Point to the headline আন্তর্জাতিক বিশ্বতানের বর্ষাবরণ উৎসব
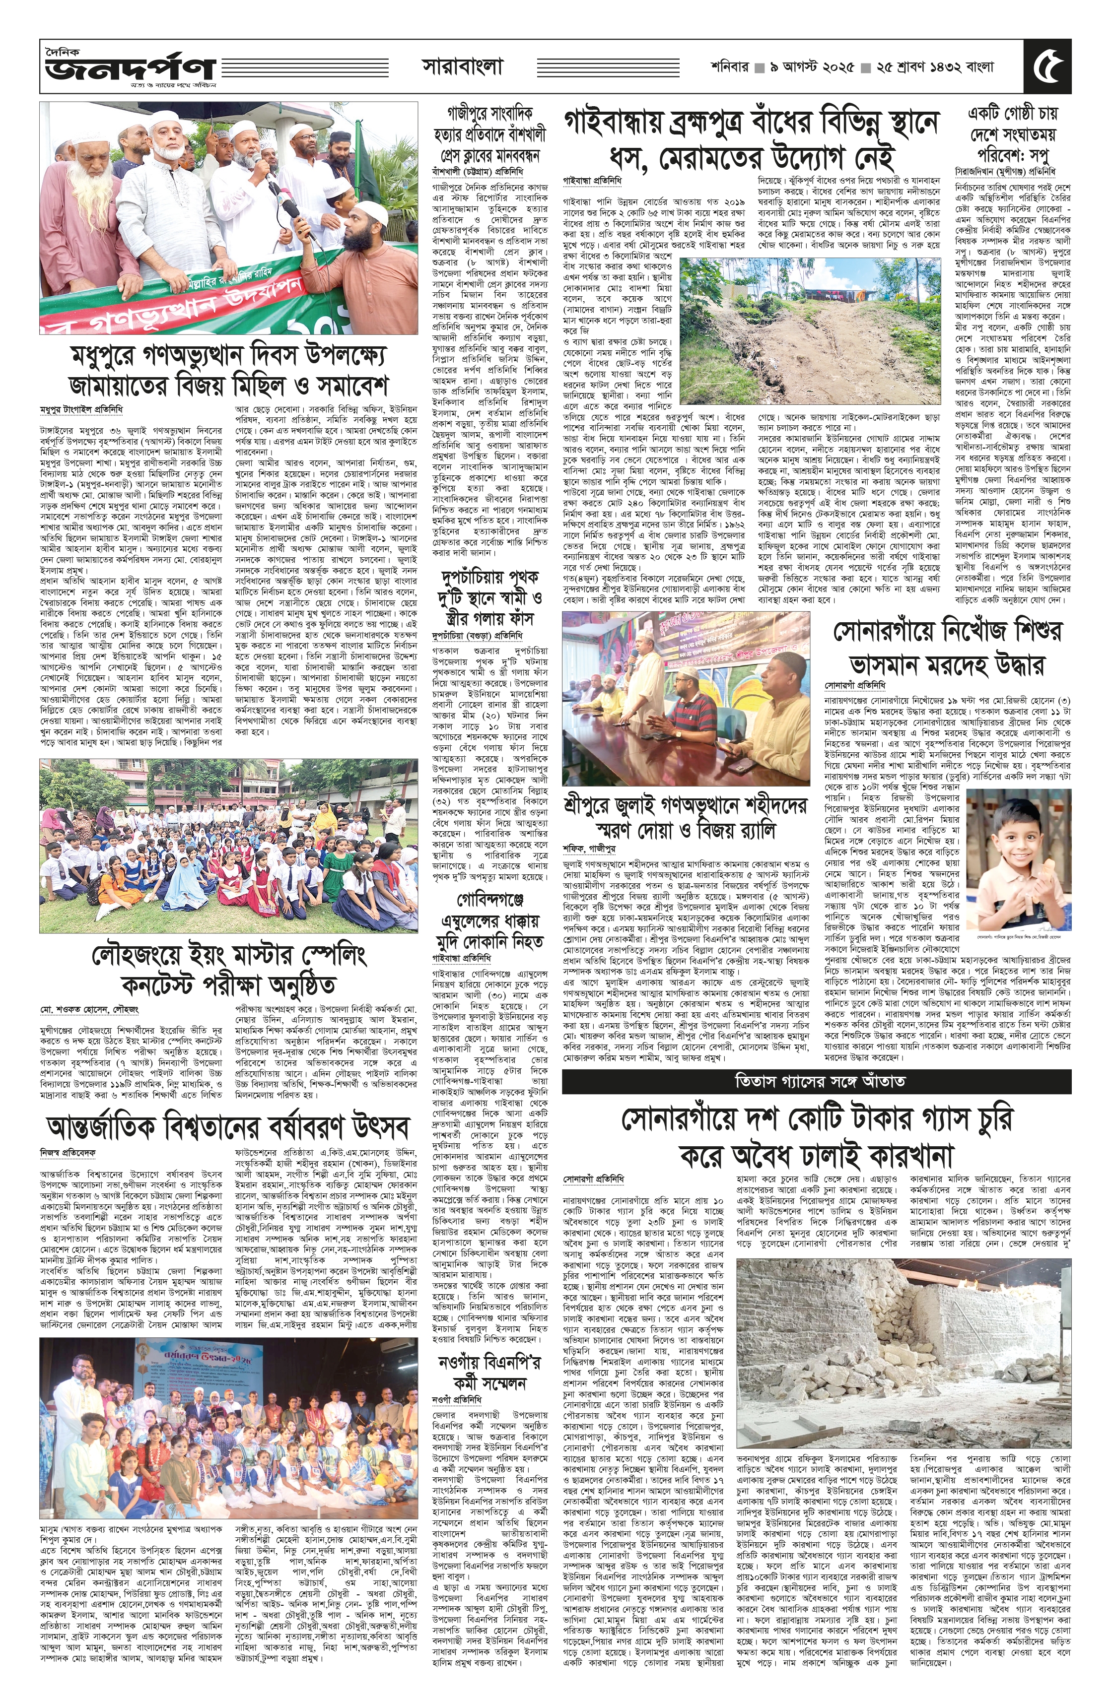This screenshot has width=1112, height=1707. tap(228, 1128)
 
